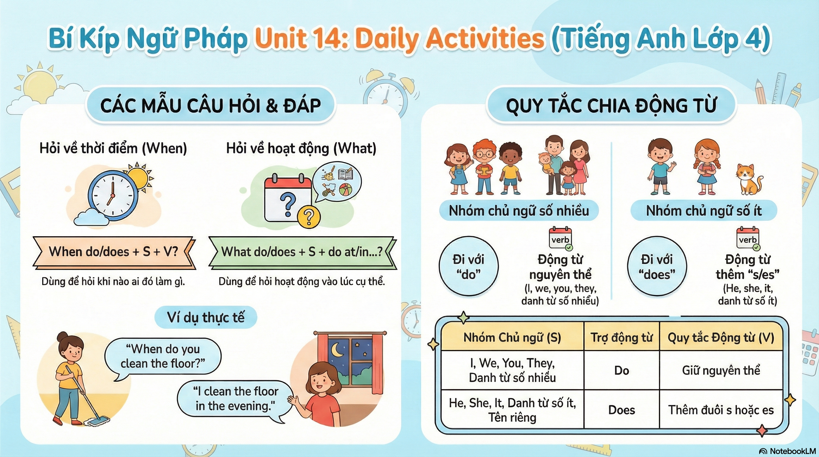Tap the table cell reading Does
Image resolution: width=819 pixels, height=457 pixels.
tap(622, 410)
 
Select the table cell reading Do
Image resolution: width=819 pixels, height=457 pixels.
tap(622, 370)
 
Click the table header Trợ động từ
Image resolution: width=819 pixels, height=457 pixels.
tap(622, 337)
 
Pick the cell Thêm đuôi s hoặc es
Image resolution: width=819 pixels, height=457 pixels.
tap(721, 410)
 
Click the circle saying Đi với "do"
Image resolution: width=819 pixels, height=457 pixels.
tap(468, 266)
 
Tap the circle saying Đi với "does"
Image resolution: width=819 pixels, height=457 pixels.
tap(657, 266)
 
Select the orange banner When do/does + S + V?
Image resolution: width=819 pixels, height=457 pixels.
tap(113, 252)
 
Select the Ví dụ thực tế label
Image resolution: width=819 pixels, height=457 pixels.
tap(206, 317)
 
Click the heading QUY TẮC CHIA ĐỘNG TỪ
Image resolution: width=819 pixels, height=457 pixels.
tap(611, 106)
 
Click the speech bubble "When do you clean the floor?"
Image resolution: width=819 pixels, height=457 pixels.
tap(163, 356)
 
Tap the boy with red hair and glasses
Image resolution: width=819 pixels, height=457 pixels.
tap(484, 167)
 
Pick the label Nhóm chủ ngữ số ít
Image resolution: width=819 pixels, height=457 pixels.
tap(704, 210)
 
